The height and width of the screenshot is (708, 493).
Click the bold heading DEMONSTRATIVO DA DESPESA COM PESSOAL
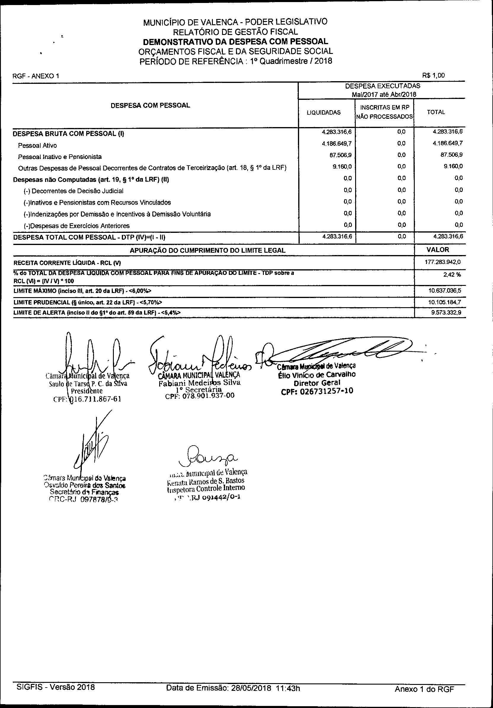(235, 42)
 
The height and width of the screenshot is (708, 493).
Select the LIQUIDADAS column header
(323, 113)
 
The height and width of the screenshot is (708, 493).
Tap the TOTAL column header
(435, 112)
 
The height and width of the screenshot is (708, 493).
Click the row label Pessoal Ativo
(37, 145)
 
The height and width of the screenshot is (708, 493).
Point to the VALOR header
(438, 250)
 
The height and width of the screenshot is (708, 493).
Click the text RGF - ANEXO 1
(36, 76)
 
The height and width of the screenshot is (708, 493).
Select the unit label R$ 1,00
(433, 75)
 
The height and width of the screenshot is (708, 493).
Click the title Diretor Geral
(317, 383)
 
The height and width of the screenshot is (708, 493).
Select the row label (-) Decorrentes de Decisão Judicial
(74, 191)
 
